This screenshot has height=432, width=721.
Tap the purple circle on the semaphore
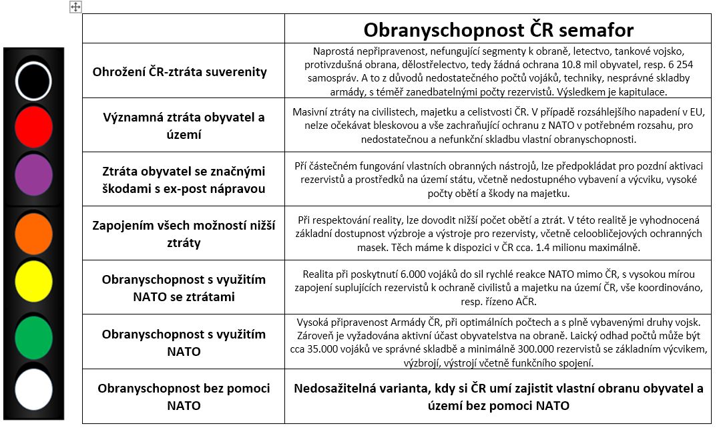(34, 176)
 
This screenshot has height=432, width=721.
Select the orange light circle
(34, 233)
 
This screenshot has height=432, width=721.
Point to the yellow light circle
(34, 280)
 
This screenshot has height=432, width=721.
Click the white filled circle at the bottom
(33, 389)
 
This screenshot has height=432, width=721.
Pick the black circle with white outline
(34, 79)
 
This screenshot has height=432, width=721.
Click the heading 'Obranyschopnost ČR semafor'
(498, 29)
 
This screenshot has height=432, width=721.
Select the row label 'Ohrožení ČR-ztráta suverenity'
(180, 71)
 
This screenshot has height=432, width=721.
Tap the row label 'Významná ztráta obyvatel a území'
(184, 125)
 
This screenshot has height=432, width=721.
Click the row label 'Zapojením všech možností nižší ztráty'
(184, 233)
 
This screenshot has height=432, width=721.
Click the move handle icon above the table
(75, 7)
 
